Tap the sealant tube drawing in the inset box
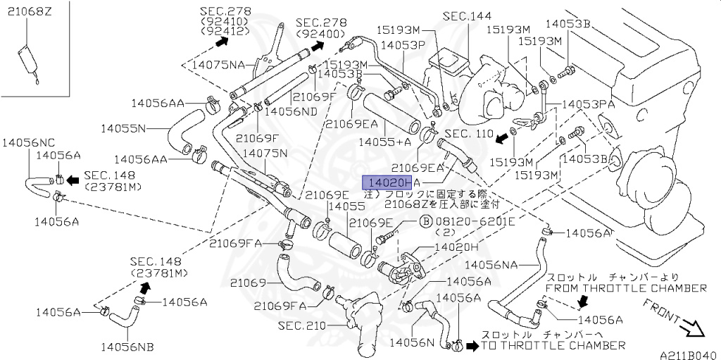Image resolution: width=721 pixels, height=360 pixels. pyautogui.click(x=27, y=60)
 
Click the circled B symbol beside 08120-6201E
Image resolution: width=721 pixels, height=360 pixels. pyautogui.click(x=426, y=221)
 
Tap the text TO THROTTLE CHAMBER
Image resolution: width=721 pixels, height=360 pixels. pyautogui.click(x=553, y=345)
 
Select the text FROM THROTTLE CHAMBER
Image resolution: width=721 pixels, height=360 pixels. pyautogui.click(x=626, y=288)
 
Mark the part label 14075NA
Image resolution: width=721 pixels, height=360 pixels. pyautogui.click(x=218, y=65)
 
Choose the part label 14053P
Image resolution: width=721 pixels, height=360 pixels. pyautogui.click(x=403, y=44)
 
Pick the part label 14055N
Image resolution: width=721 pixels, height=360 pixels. pyautogui.click(x=123, y=128)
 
